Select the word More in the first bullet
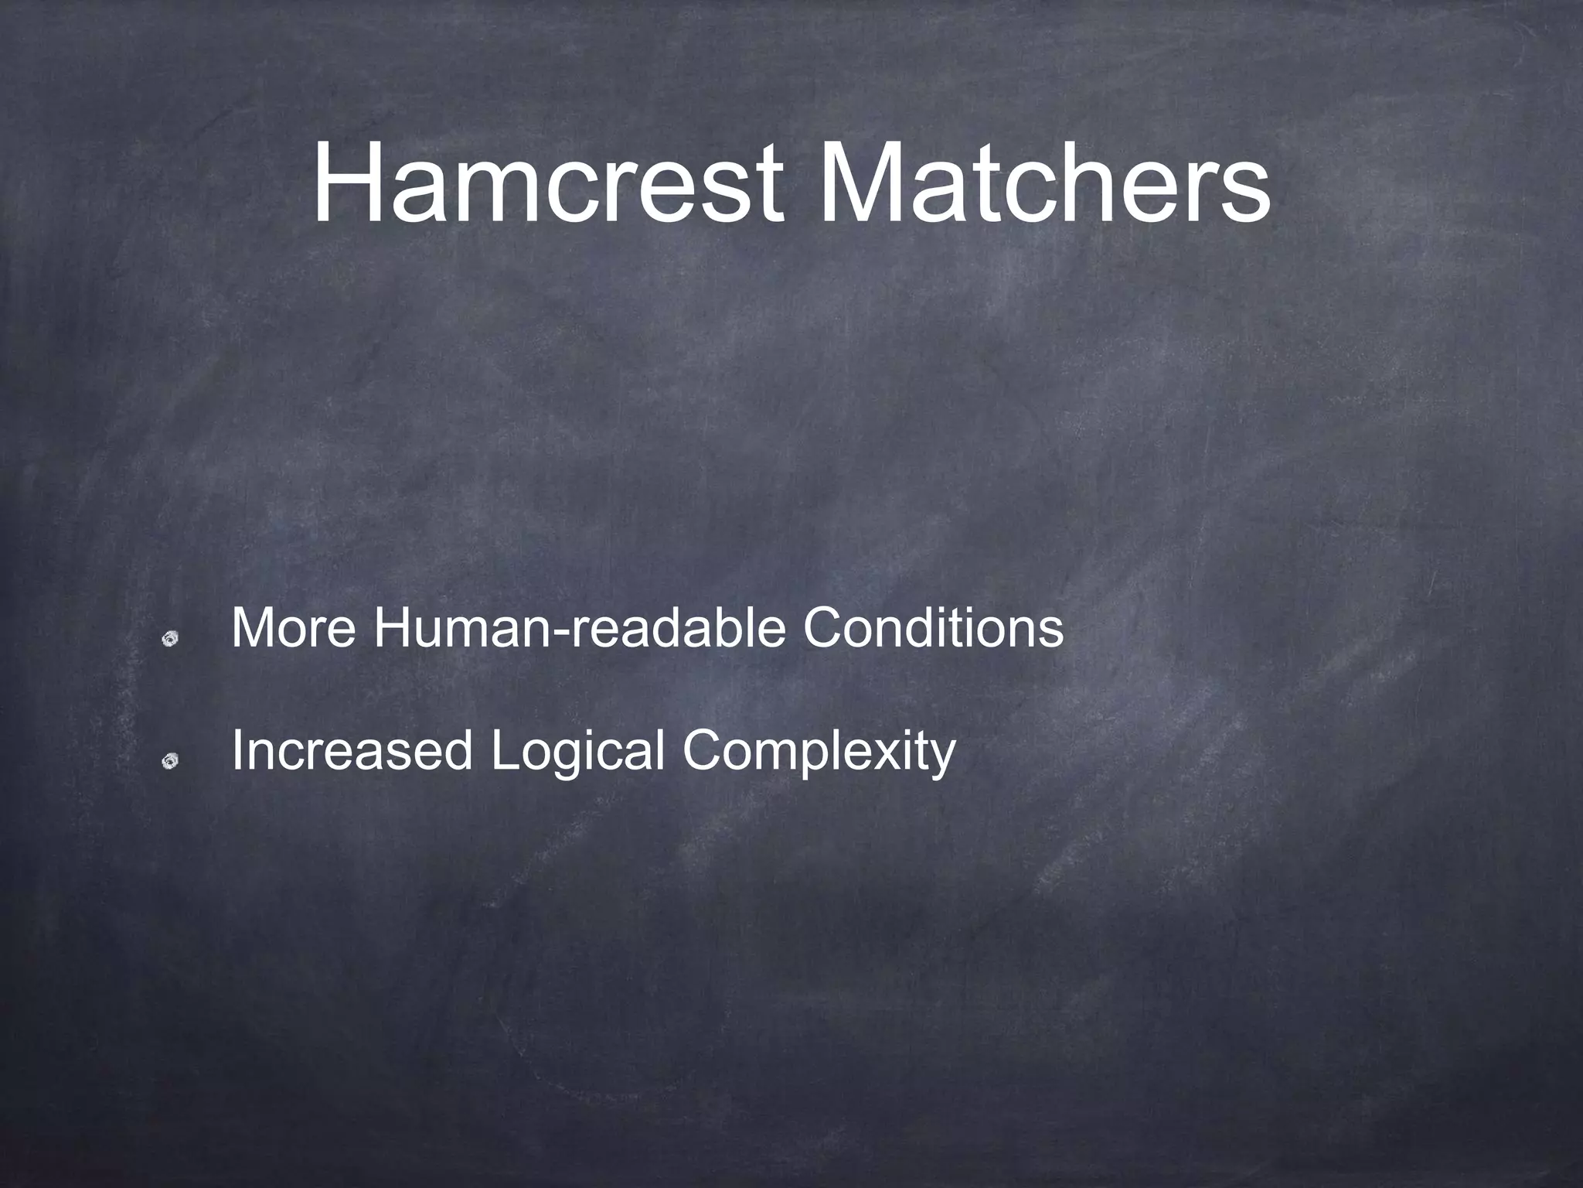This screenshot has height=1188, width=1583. pyautogui.click(x=293, y=628)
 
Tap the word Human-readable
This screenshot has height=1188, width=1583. pyautogui.click(x=579, y=628)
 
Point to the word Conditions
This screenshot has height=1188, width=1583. pyautogui.click(x=932, y=628)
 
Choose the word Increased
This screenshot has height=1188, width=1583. pyautogui.click(x=352, y=750)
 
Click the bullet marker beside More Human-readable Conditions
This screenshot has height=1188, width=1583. pyautogui.click(x=171, y=639)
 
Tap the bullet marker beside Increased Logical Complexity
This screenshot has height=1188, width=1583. pyautogui.click(x=171, y=762)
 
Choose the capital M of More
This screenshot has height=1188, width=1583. pyautogui.click(x=251, y=628)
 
